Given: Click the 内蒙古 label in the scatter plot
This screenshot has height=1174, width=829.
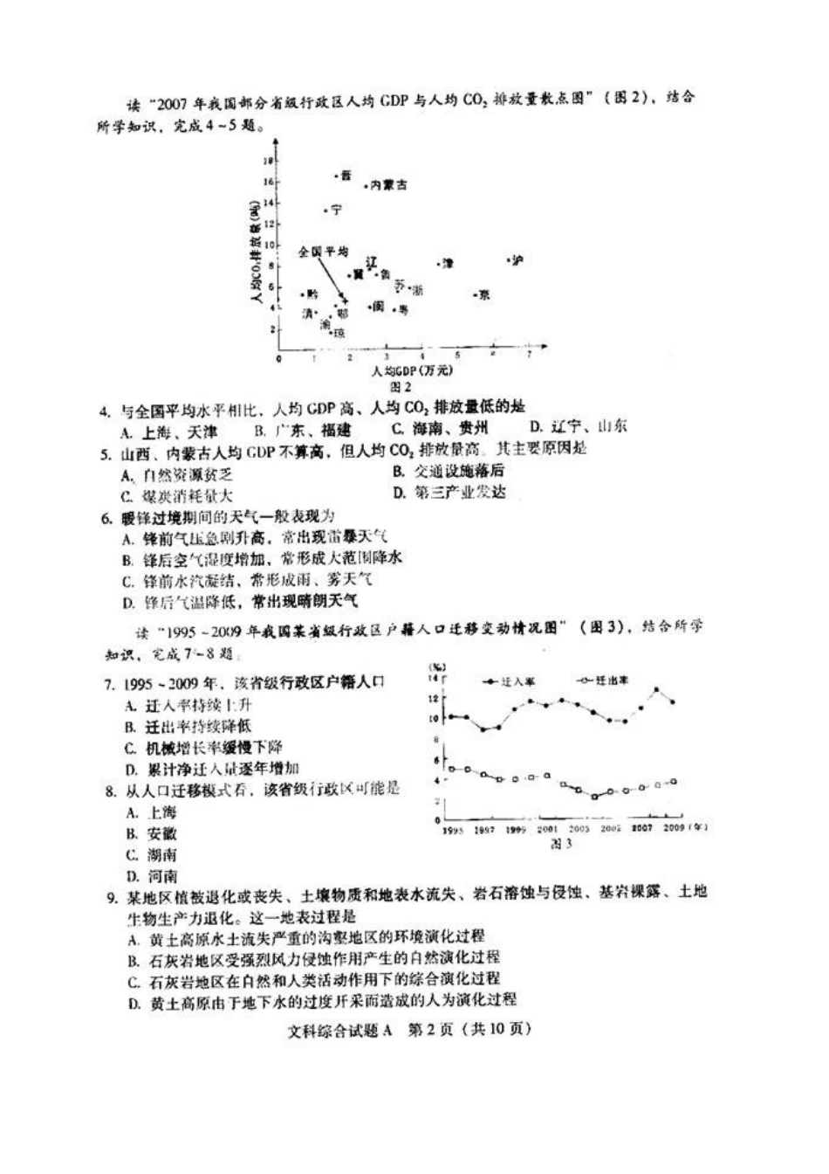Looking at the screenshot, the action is click(388, 185).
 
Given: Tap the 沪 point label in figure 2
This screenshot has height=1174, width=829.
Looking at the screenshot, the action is click(517, 260).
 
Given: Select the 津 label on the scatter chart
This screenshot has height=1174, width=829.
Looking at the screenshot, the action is click(449, 262).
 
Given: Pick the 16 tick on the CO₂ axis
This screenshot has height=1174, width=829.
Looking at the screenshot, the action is click(270, 182).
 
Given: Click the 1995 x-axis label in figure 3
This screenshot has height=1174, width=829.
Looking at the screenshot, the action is click(451, 829).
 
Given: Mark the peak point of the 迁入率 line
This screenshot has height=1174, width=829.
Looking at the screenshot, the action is click(656, 690).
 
